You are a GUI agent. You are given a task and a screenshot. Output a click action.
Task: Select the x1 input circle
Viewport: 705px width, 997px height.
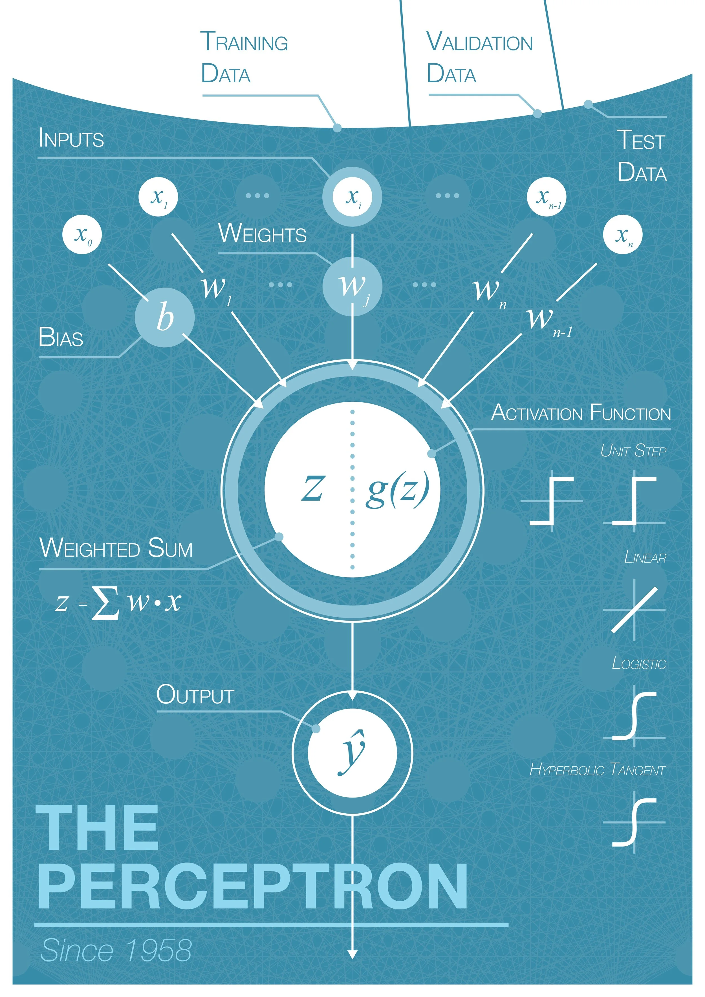pyautogui.click(x=158, y=197)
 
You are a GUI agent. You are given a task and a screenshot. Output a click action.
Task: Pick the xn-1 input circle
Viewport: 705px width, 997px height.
pyautogui.click(x=546, y=197)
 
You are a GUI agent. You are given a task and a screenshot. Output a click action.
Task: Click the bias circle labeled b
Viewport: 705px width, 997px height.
pyautogui.click(x=165, y=317)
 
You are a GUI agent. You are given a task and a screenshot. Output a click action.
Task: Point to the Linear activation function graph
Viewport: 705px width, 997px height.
pyautogui.click(x=634, y=610)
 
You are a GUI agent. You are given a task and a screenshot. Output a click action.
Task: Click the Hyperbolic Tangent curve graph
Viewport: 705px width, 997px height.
pyautogui.click(x=634, y=822)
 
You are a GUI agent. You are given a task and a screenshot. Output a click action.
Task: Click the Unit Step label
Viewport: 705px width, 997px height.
pyautogui.click(x=633, y=451)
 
